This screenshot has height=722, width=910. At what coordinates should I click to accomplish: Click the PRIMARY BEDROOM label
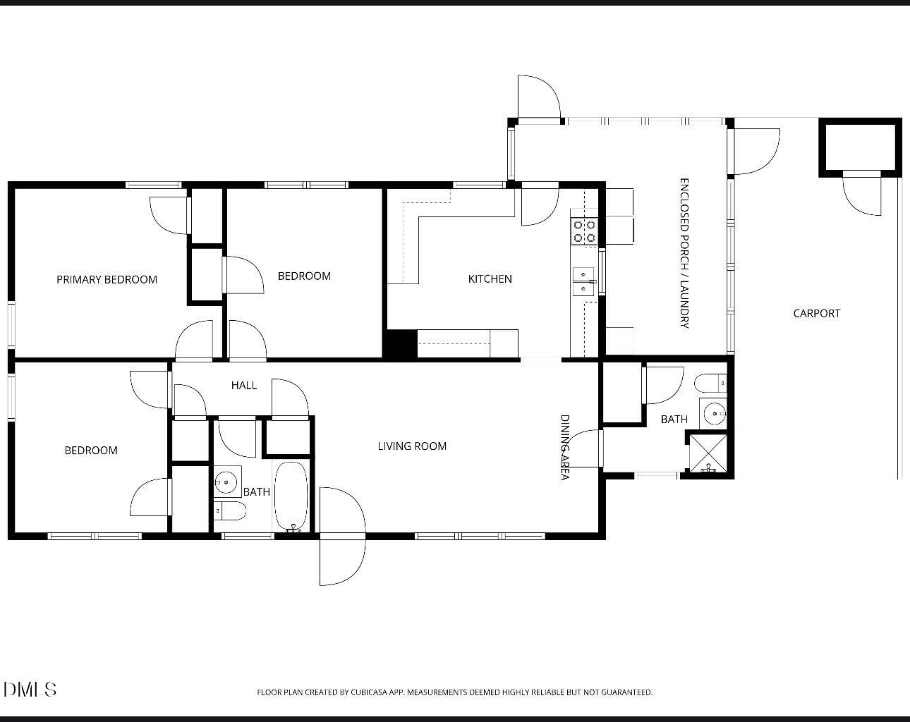(x=107, y=279)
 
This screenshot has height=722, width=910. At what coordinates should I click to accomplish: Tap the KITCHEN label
(x=490, y=279)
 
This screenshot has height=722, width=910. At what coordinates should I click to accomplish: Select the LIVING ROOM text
(x=412, y=446)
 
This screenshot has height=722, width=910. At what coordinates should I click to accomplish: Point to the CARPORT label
(x=816, y=313)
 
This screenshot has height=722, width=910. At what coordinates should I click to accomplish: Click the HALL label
(x=244, y=385)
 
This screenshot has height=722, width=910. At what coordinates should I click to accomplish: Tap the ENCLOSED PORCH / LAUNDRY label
(x=684, y=253)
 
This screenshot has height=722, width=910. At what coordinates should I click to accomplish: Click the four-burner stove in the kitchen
(x=585, y=232)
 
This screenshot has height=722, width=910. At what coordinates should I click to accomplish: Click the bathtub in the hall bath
(x=291, y=496)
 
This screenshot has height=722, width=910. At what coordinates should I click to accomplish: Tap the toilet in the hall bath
(x=229, y=510)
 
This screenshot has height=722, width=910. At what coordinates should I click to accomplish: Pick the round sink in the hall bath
(x=226, y=482)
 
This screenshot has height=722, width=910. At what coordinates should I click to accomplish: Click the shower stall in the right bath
(x=708, y=453)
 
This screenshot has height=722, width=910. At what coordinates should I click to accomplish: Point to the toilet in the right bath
(x=710, y=384)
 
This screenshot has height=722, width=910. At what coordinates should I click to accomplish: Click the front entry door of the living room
(x=341, y=536)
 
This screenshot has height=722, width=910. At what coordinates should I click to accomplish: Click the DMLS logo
(x=30, y=689)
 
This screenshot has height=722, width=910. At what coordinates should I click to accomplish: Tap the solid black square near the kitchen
(x=400, y=344)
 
